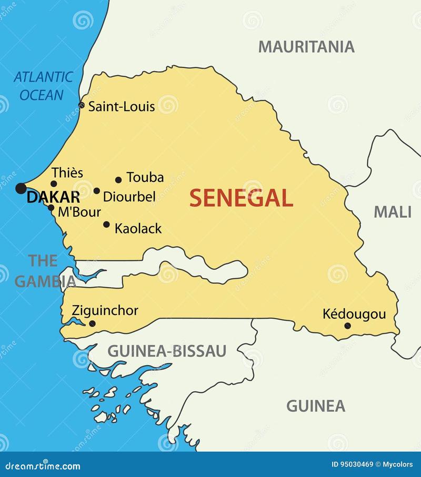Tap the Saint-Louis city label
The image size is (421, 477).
(121, 107)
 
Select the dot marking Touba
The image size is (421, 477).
(118, 180)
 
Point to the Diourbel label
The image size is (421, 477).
(129, 197)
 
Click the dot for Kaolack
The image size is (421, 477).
(106, 225)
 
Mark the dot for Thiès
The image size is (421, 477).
(54, 184)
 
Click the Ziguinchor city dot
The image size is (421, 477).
(93, 323)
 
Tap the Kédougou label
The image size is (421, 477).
(354, 314)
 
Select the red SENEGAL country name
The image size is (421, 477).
(241, 198)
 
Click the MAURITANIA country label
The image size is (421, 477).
(306, 47)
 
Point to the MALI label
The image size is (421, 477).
(392, 212)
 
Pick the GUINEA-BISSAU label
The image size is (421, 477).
(167, 351)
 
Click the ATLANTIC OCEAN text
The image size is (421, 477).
(43, 86)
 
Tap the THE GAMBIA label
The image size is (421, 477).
(44, 271)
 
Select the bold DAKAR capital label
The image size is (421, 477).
(53, 198)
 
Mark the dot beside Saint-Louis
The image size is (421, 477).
(82, 106)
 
